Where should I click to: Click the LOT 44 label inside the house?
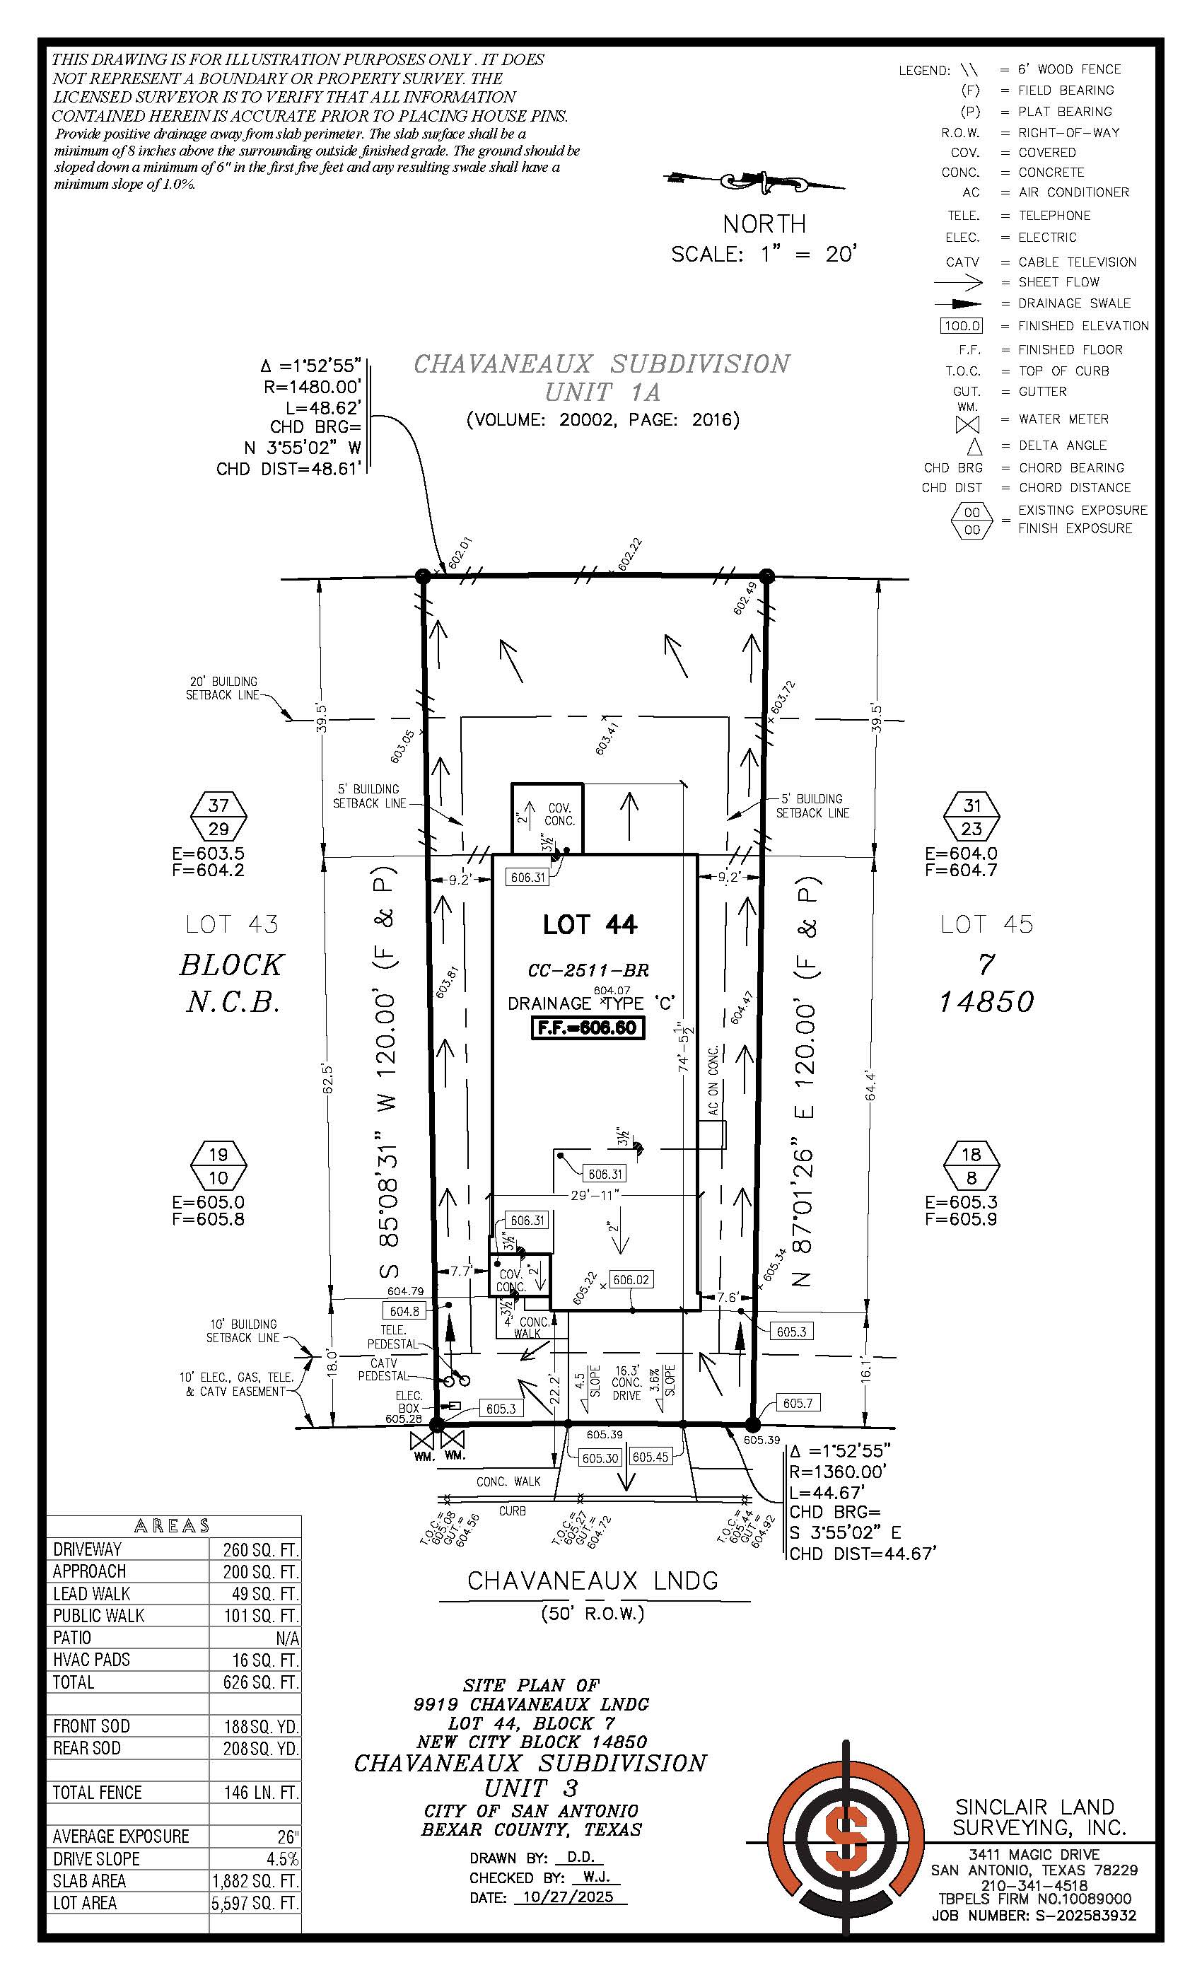pos(590,925)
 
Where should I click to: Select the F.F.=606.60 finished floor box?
pos(588,1027)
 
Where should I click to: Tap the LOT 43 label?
pos(231,924)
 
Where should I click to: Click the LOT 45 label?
pos(986,924)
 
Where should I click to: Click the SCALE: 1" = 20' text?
pos(764,255)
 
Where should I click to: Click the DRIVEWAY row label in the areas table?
pos(88,1549)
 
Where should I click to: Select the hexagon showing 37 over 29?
pos(218,817)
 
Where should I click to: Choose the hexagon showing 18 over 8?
pos(971,1166)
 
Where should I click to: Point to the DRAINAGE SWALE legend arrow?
pos(958,304)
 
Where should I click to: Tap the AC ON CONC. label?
pos(713,1080)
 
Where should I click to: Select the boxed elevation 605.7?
pos(797,1403)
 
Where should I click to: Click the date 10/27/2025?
pos(567,1897)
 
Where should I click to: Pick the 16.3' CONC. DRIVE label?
pos(626,1383)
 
